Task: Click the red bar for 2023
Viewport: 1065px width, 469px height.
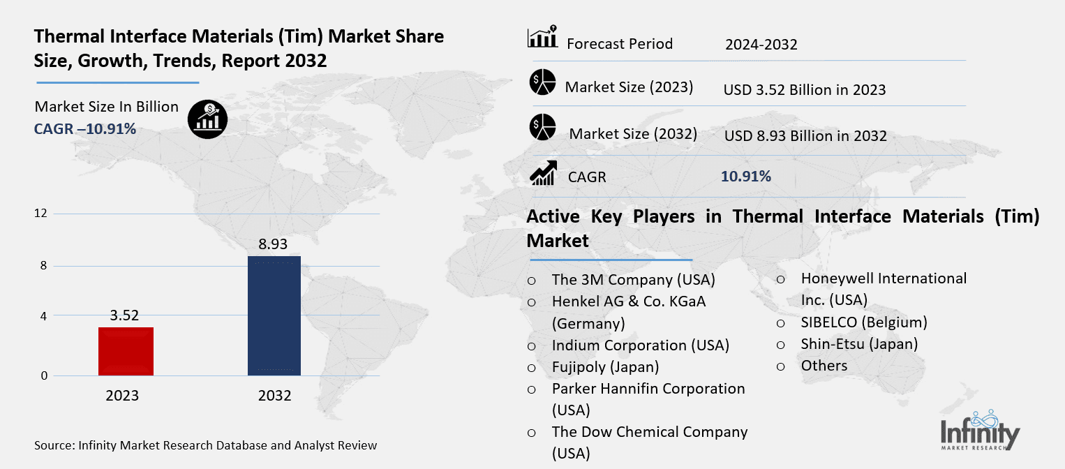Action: pos(126,351)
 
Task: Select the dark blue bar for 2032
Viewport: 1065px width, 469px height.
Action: pos(274,315)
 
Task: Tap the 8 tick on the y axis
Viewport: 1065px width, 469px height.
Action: pos(43,266)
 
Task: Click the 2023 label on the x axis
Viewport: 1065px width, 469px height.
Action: pos(122,396)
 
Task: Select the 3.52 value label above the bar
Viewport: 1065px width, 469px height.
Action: pos(126,315)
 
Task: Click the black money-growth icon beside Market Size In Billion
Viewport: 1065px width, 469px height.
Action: pos(207,119)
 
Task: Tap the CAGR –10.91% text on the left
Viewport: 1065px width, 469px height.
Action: pos(85,128)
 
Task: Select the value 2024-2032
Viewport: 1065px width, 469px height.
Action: pos(761,45)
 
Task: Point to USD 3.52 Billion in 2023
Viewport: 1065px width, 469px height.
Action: pos(805,89)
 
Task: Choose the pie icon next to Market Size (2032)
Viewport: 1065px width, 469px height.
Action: pos(542,128)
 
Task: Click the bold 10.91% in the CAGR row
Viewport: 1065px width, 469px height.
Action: pos(746,176)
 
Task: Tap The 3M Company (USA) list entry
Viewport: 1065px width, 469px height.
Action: pos(633,280)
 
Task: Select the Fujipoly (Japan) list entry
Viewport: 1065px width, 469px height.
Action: pos(605,366)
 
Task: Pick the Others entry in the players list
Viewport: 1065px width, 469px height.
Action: pos(824,366)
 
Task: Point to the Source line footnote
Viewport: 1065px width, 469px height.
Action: pos(206,445)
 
